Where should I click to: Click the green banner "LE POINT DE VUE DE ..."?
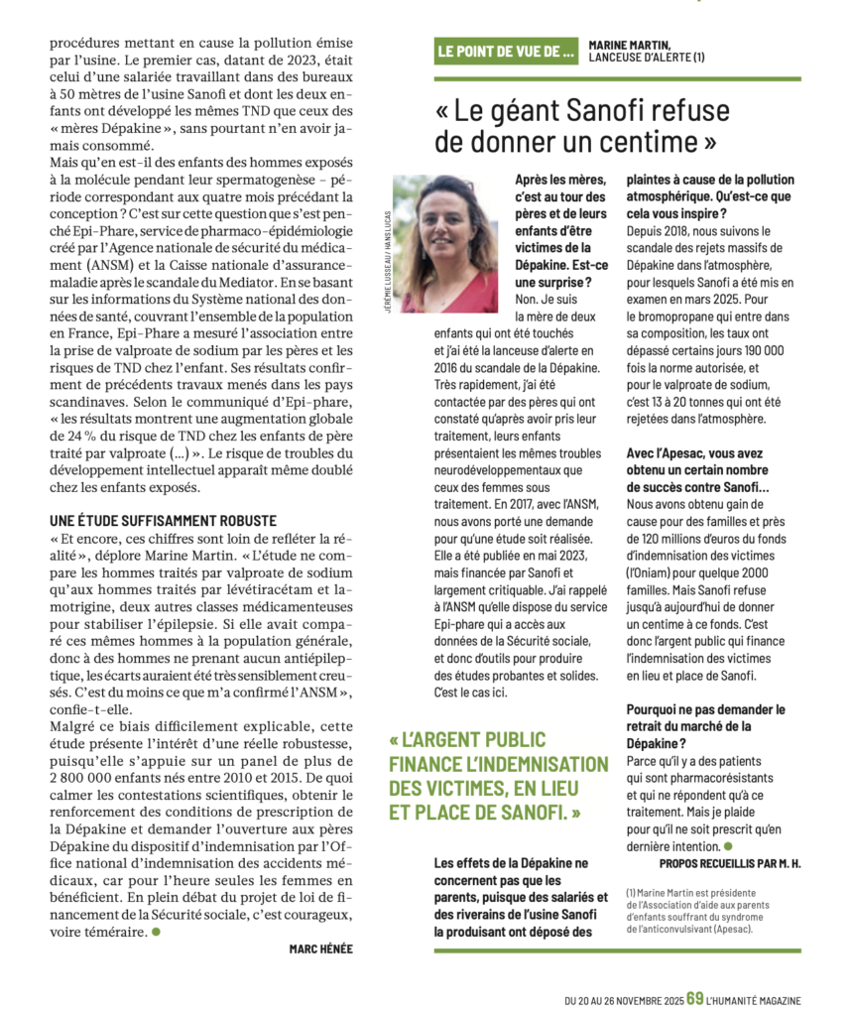506,52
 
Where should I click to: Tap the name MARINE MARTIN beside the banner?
629,45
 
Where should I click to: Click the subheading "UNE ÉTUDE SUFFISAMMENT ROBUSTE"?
163,521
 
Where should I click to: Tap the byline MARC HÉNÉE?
320,949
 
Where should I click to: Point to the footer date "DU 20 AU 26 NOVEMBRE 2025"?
624,999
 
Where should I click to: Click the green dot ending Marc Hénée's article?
156,932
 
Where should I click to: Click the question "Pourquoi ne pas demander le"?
705,709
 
